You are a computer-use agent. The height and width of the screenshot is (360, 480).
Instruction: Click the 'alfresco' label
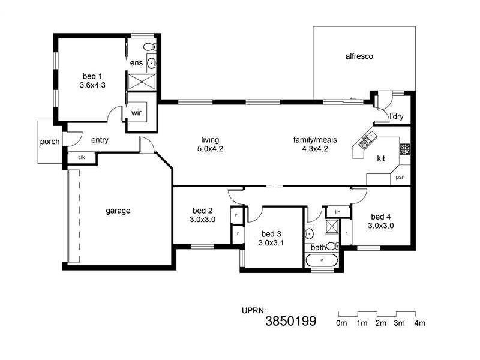click(359, 56)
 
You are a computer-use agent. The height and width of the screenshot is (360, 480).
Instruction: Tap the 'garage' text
click(118, 211)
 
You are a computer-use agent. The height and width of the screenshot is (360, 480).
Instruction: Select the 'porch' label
click(49, 142)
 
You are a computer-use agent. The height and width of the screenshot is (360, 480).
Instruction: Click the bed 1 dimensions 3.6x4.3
click(92, 85)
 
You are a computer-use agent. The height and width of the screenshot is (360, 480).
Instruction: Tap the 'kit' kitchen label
click(380, 158)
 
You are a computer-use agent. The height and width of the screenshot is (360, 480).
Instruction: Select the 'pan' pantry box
click(400, 178)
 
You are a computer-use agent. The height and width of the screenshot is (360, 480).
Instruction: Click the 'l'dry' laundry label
click(396, 116)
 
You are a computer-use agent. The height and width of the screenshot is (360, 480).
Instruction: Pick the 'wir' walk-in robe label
click(136, 112)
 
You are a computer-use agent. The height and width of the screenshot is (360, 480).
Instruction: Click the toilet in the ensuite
click(149, 46)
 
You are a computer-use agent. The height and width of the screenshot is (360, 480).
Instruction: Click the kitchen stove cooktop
click(405, 149)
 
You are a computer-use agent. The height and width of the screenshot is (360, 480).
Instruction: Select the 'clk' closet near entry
click(81, 157)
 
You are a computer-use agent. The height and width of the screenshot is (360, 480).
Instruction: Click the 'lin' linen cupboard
click(337, 212)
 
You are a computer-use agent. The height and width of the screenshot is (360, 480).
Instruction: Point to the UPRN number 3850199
click(290, 322)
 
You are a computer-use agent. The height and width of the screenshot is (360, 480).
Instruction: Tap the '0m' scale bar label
click(341, 323)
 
